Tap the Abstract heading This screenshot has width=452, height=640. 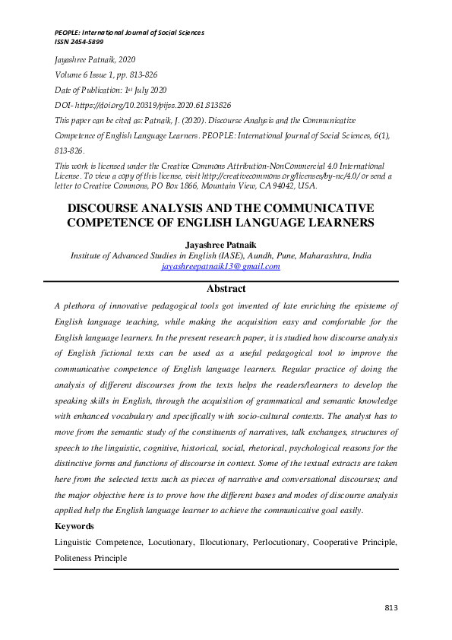pos(226,289)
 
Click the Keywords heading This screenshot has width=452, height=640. pos(74,526)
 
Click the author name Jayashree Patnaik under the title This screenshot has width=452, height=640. pos(226,245)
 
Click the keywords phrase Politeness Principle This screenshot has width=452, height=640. pos(90,558)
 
